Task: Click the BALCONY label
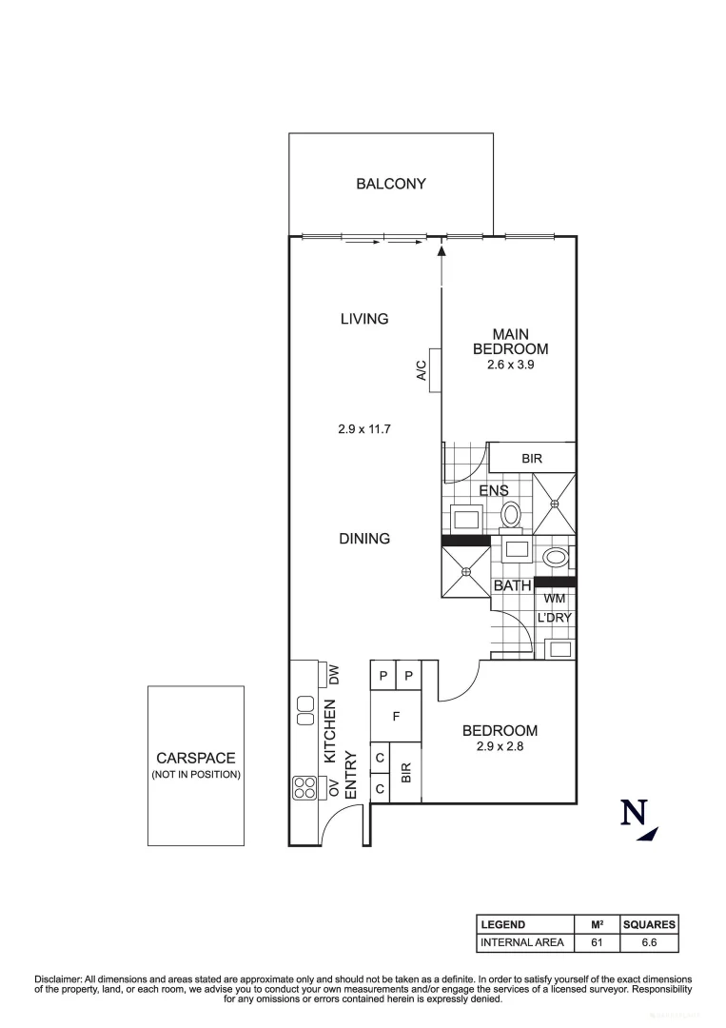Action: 390,184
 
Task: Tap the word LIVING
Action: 363,319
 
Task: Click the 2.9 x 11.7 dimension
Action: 364,429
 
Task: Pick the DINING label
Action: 364,539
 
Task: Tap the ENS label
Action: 493,490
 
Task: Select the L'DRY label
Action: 554,619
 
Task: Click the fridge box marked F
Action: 395,714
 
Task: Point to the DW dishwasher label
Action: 334,676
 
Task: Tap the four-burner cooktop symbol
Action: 304,787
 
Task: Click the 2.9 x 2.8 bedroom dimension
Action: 500,747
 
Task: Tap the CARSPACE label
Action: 195,758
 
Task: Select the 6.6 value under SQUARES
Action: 648,943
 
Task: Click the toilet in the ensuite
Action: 511,515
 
